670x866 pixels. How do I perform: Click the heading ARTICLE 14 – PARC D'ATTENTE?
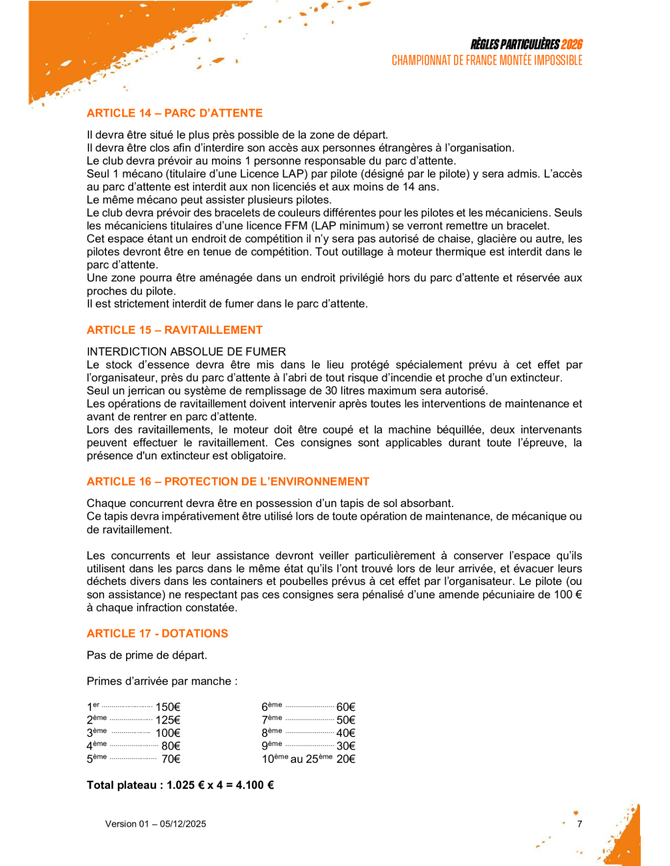click(175, 113)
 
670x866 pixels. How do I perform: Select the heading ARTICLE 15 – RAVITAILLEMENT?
click(175, 330)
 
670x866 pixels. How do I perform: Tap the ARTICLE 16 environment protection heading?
click(228, 482)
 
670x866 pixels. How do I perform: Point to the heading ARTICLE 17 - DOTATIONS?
click(157, 634)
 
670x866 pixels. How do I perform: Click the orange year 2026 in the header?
click(571, 45)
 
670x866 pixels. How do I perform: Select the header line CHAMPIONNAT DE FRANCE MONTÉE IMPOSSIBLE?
click(487, 61)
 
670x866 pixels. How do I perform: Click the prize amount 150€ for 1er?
click(168, 707)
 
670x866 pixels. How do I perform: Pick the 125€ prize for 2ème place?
click(168, 720)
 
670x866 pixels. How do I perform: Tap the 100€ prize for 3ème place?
click(168, 733)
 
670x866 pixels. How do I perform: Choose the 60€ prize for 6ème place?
click(346, 707)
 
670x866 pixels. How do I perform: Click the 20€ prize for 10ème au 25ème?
click(346, 759)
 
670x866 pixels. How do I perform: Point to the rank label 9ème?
click(271, 746)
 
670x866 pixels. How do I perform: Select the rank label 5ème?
click(97, 759)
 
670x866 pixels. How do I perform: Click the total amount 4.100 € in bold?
click(255, 785)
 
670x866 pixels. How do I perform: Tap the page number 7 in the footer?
click(579, 824)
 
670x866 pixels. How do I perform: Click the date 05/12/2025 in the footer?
click(183, 824)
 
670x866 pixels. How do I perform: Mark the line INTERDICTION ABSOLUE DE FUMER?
click(186, 352)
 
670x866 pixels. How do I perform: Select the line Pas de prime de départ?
click(147, 655)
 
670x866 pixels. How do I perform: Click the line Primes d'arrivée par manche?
click(162, 681)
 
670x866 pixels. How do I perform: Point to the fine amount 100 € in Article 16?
click(568, 595)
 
